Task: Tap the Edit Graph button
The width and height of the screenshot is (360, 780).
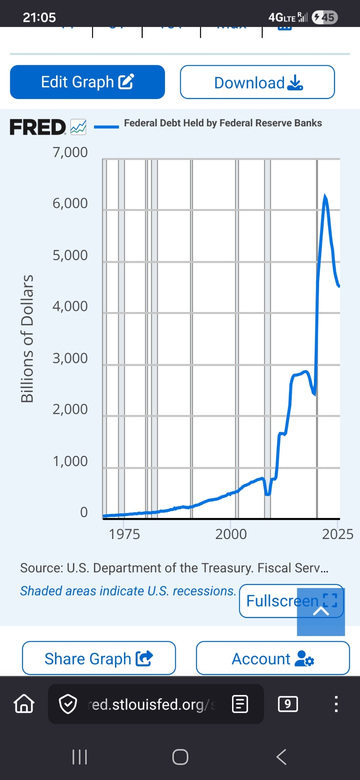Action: tap(87, 82)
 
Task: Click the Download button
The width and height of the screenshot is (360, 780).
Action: tap(257, 82)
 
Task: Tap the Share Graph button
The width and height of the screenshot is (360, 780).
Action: tap(99, 658)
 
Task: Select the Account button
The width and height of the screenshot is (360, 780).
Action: tap(273, 658)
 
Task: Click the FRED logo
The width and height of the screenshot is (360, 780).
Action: tap(38, 127)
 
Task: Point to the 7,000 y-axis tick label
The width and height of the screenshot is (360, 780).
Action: tap(70, 152)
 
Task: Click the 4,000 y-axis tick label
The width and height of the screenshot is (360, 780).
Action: tap(70, 306)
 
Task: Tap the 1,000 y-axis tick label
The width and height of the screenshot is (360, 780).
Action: tap(70, 461)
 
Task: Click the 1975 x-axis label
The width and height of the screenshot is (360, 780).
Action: tap(124, 534)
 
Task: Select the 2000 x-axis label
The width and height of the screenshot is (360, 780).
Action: tap(231, 534)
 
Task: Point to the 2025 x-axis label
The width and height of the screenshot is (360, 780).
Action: tap(337, 534)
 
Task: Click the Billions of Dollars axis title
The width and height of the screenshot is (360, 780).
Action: tap(27, 339)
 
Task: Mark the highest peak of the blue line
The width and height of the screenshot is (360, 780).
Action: tap(325, 195)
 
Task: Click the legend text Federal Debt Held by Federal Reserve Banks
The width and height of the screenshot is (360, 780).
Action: tap(223, 123)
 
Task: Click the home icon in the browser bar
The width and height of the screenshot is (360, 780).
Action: tap(24, 704)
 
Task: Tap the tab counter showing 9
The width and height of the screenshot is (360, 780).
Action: tap(288, 704)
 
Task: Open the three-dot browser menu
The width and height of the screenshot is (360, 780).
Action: tap(336, 704)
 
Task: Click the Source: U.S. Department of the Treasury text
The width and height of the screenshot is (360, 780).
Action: tap(174, 568)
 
